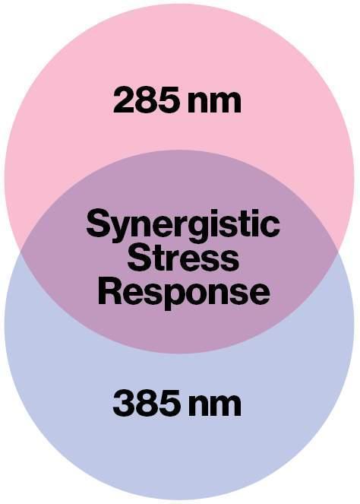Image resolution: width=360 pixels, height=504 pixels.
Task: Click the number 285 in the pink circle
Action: coord(146,100)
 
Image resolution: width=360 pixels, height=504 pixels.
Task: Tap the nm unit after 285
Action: coord(214,103)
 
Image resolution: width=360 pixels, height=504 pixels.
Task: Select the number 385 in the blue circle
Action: coord(146,403)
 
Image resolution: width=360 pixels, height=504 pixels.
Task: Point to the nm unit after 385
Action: coord(214,407)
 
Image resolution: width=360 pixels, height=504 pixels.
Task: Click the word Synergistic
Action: coord(183,226)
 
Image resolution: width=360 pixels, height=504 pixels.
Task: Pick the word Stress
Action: coord(183,258)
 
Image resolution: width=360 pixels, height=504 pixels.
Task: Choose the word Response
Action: coord(184,293)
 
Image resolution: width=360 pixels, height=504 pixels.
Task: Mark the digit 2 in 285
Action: coord(124,100)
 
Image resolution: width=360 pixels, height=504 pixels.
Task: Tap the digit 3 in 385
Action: coord(124,403)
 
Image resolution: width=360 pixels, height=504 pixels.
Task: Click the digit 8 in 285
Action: coord(146,100)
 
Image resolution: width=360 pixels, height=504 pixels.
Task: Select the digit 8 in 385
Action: coord(146,404)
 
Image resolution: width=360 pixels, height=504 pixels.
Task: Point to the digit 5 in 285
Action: coord(169,100)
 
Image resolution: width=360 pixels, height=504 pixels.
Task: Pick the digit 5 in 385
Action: coord(169,404)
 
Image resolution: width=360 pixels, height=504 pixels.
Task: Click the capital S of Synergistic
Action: coord(98,223)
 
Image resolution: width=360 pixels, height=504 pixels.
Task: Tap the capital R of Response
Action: coord(110,292)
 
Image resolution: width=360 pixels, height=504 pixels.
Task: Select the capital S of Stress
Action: coord(140,258)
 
